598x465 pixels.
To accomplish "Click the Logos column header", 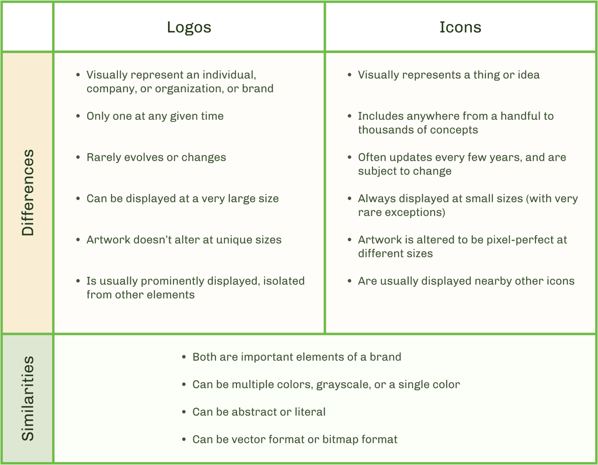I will click(x=189, y=27).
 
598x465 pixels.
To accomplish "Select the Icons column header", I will click(x=460, y=27).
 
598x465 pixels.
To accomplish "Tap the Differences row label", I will click(x=27, y=193).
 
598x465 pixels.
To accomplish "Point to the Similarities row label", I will click(x=27, y=398).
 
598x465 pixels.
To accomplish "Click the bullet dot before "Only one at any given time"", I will click(x=78, y=116).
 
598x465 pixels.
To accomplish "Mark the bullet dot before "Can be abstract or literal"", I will click(x=184, y=412).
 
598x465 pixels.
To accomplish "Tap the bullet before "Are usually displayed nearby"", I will click(x=349, y=281).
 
